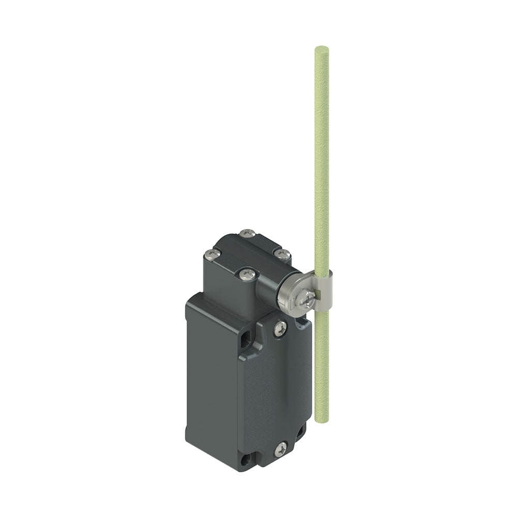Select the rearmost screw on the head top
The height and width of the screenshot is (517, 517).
pos(248,234)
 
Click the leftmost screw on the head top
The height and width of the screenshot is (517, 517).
pos(212,254)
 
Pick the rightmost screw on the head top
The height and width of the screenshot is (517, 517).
pos(282,254)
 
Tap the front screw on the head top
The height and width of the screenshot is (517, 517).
pos(247,275)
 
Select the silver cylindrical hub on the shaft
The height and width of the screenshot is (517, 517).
pos(292,297)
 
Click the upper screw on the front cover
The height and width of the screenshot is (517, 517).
pos(280,328)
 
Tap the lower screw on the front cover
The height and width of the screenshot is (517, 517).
pos(281,449)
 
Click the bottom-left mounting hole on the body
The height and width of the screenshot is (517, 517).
pos(245,458)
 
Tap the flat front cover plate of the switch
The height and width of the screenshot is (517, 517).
pos(274,388)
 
